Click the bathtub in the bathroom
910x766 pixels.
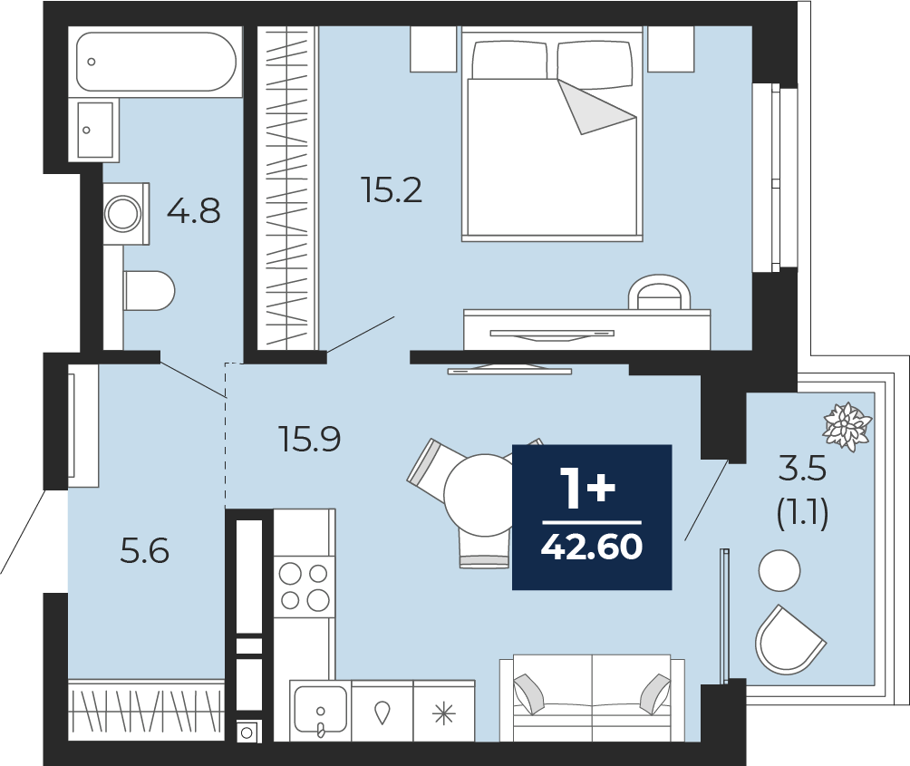click(155, 62)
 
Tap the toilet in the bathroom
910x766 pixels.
click(150, 290)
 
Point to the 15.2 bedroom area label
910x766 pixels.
click(392, 189)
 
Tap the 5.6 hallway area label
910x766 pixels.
click(144, 550)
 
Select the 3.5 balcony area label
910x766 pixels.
click(802, 469)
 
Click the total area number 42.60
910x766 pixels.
click(591, 547)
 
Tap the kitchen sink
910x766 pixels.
click(320, 711)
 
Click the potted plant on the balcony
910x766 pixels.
click(847, 427)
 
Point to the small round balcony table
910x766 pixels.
click(779, 570)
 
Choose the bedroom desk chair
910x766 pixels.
click(659, 292)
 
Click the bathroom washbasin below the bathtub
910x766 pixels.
click(93, 130)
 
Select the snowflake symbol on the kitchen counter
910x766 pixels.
click(444, 713)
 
